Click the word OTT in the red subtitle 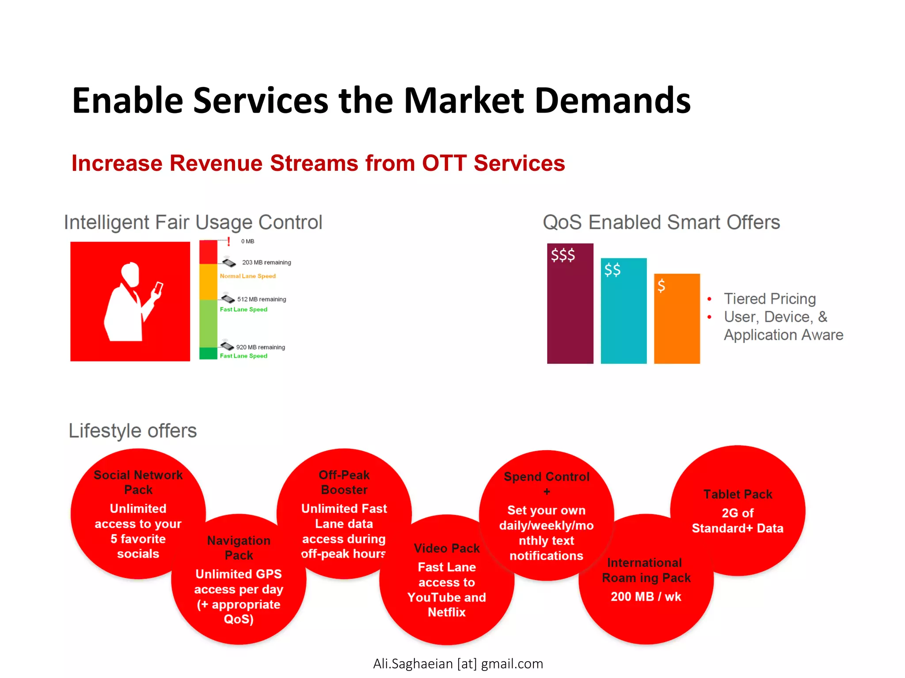pyautogui.click(x=444, y=163)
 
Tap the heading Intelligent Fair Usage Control pyautogui.click(x=193, y=222)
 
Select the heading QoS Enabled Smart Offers pyautogui.click(x=661, y=222)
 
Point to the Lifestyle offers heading pyautogui.click(x=133, y=431)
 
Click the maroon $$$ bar pyautogui.click(x=570, y=309)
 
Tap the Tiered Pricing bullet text pyautogui.click(x=769, y=299)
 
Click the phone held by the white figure pyautogui.click(x=158, y=289)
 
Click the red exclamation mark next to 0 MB pyautogui.click(x=228, y=241)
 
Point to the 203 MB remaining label pyautogui.click(x=266, y=262)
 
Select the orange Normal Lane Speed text pyautogui.click(x=247, y=276)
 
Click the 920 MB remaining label pyautogui.click(x=260, y=347)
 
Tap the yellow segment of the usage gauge pyautogui.click(x=208, y=282)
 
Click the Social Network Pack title pyautogui.click(x=138, y=482)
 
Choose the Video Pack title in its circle pyautogui.click(x=447, y=548)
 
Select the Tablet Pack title pyautogui.click(x=738, y=494)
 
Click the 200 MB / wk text pyautogui.click(x=646, y=597)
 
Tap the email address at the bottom pyautogui.click(x=458, y=663)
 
